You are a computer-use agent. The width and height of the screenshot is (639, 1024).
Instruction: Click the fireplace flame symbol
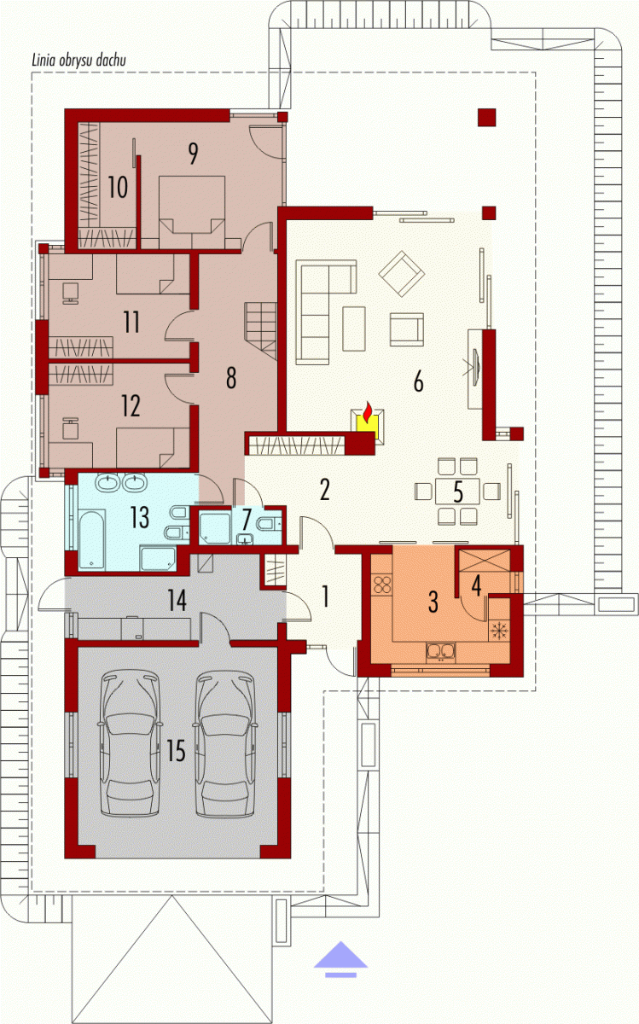point(367,412)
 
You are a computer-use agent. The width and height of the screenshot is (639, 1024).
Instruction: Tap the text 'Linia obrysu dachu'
point(78,61)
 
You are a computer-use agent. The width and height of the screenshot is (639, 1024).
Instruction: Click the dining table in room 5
point(457,491)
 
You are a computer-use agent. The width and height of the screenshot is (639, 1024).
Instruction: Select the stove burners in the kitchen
point(382,585)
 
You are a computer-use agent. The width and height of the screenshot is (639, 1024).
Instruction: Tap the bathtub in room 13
point(92,540)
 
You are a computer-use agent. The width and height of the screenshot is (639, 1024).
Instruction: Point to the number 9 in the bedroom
point(193,154)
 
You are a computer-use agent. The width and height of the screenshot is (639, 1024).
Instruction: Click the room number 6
point(418,381)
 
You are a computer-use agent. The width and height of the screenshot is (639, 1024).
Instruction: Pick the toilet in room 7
point(268,522)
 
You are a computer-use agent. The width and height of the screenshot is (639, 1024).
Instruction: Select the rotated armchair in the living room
point(402,274)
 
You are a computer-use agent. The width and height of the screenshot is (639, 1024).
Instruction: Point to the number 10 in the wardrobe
point(118,188)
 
